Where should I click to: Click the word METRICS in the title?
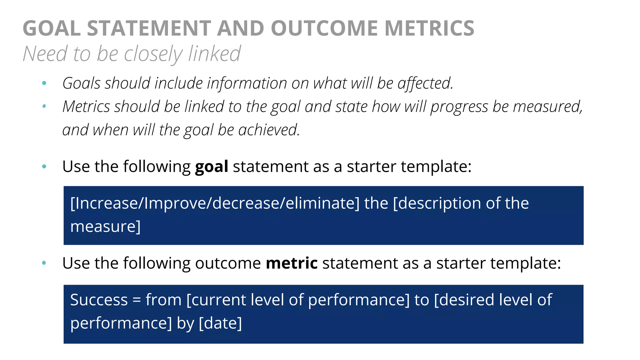pos(429,28)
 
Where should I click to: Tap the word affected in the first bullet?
pos(425,83)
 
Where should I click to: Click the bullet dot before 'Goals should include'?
pos(44,83)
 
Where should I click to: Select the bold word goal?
pos(212,167)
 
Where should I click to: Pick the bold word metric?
pos(292,263)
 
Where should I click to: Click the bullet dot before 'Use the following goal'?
pos(44,167)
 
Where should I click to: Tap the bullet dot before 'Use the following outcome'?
pos(44,263)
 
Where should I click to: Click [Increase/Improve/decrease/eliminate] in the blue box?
pos(215,203)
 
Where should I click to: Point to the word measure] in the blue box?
pos(105,226)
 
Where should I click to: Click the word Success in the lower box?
pos(99,300)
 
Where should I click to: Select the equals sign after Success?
pos(137,300)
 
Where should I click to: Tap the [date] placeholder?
pos(220,323)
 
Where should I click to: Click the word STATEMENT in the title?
pos(149,28)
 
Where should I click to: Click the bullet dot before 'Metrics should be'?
pos(44,107)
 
